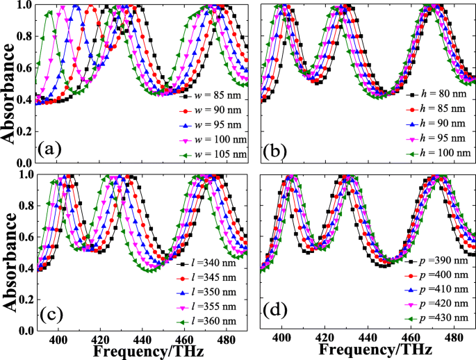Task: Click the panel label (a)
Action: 54,148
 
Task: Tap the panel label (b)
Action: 279,148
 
